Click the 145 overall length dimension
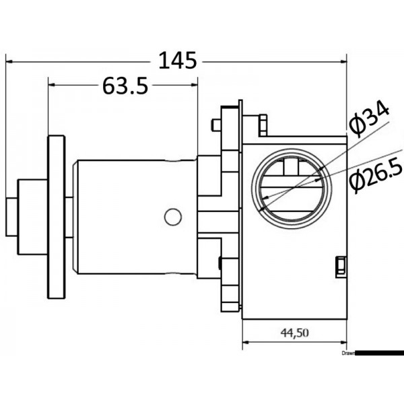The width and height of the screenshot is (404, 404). [x=178, y=61]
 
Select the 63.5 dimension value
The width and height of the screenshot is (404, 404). [x=125, y=86]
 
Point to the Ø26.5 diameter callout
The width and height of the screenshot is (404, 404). [x=374, y=178]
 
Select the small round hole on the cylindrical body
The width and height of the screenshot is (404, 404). [x=173, y=216]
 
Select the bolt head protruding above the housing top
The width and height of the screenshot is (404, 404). [x=263, y=123]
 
